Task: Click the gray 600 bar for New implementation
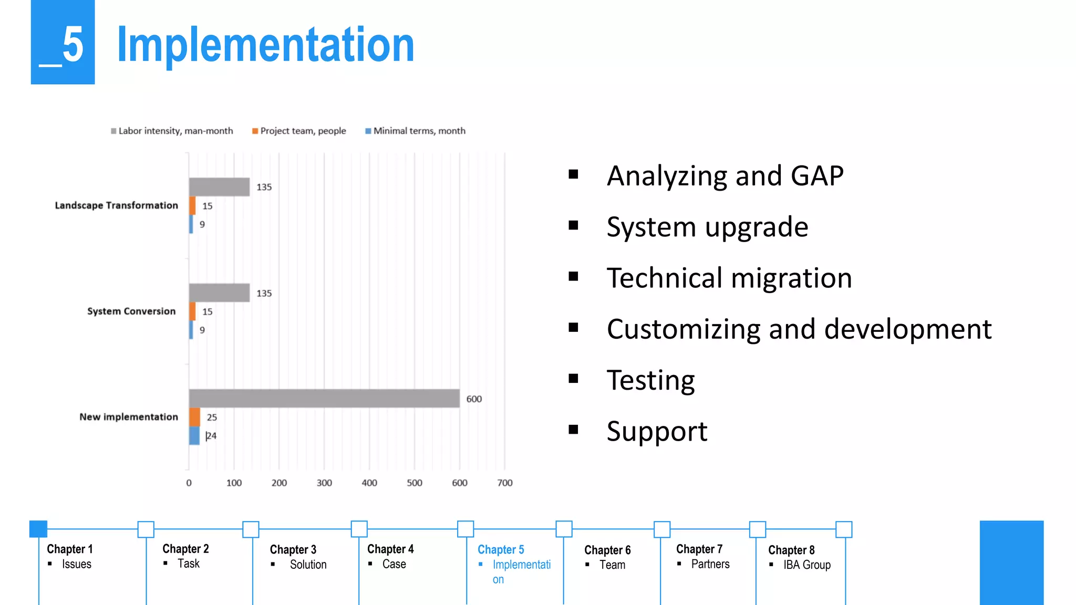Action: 324,398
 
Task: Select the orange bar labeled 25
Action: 194,417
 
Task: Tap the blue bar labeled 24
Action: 194,435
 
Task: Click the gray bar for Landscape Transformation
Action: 219,187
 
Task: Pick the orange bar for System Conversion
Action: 192,311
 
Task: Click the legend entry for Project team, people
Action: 299,131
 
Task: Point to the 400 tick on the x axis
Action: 369,483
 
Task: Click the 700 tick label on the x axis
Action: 505,483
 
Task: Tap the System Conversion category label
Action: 131,311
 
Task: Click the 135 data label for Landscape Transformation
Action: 264,187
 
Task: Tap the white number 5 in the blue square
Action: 73,45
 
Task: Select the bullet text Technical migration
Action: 729,278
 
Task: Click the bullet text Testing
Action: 650,380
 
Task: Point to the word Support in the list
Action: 657,431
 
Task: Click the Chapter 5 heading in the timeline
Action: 501,549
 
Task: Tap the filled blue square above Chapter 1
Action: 38,529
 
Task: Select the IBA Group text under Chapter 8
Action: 806,565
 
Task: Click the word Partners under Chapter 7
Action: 710,564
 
